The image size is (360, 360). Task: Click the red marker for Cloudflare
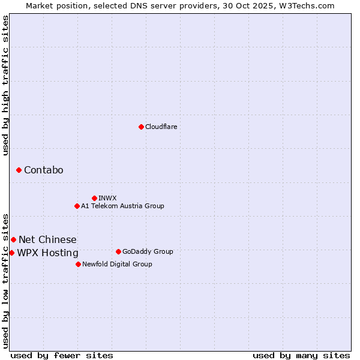[141, 127]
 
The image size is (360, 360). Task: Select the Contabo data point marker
[19, 170]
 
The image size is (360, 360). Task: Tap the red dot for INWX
[94, 198]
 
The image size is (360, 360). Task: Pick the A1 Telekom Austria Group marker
[77, 206]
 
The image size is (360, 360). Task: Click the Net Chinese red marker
[13, 240]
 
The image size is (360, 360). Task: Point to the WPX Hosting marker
[11, 253]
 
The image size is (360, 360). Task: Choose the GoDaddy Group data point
[118, 251]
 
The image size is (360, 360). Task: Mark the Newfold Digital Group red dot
[78, 264]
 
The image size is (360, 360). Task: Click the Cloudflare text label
[161, 127]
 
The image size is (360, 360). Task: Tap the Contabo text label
[43, 170]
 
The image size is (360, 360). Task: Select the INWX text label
[107, 198]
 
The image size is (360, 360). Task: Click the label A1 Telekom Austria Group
[122, 206]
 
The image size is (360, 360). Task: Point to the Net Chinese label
[47, 240]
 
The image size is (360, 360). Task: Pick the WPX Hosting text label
[47, 253]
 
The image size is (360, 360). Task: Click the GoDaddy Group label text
[148, 251]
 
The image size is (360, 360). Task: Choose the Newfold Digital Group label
[117, 264]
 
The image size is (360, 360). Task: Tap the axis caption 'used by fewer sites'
[62, 355]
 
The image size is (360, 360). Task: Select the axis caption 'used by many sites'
[301, 355]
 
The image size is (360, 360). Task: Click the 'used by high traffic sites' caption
[5, 85]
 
